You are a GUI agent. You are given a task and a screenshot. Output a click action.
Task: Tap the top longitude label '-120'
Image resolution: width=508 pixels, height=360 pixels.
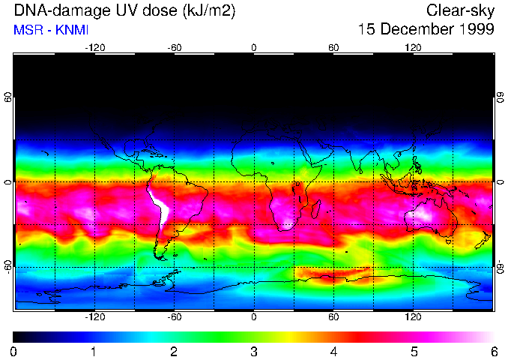94,47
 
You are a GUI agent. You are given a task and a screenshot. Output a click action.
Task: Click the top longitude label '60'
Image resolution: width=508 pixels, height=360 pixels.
333,47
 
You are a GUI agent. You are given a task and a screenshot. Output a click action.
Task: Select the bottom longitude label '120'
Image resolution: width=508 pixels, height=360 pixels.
413,316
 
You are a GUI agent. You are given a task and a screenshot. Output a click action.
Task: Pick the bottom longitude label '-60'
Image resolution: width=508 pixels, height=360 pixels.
175,316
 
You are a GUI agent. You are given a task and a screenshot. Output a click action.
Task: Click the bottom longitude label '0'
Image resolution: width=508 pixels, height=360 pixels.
254,316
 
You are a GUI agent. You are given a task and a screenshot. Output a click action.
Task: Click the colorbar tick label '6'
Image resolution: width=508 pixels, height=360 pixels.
493,351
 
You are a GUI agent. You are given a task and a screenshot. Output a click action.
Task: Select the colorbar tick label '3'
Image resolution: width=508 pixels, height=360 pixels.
253,351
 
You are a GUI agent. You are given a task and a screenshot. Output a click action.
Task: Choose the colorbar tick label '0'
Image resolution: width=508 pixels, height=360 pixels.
14,351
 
